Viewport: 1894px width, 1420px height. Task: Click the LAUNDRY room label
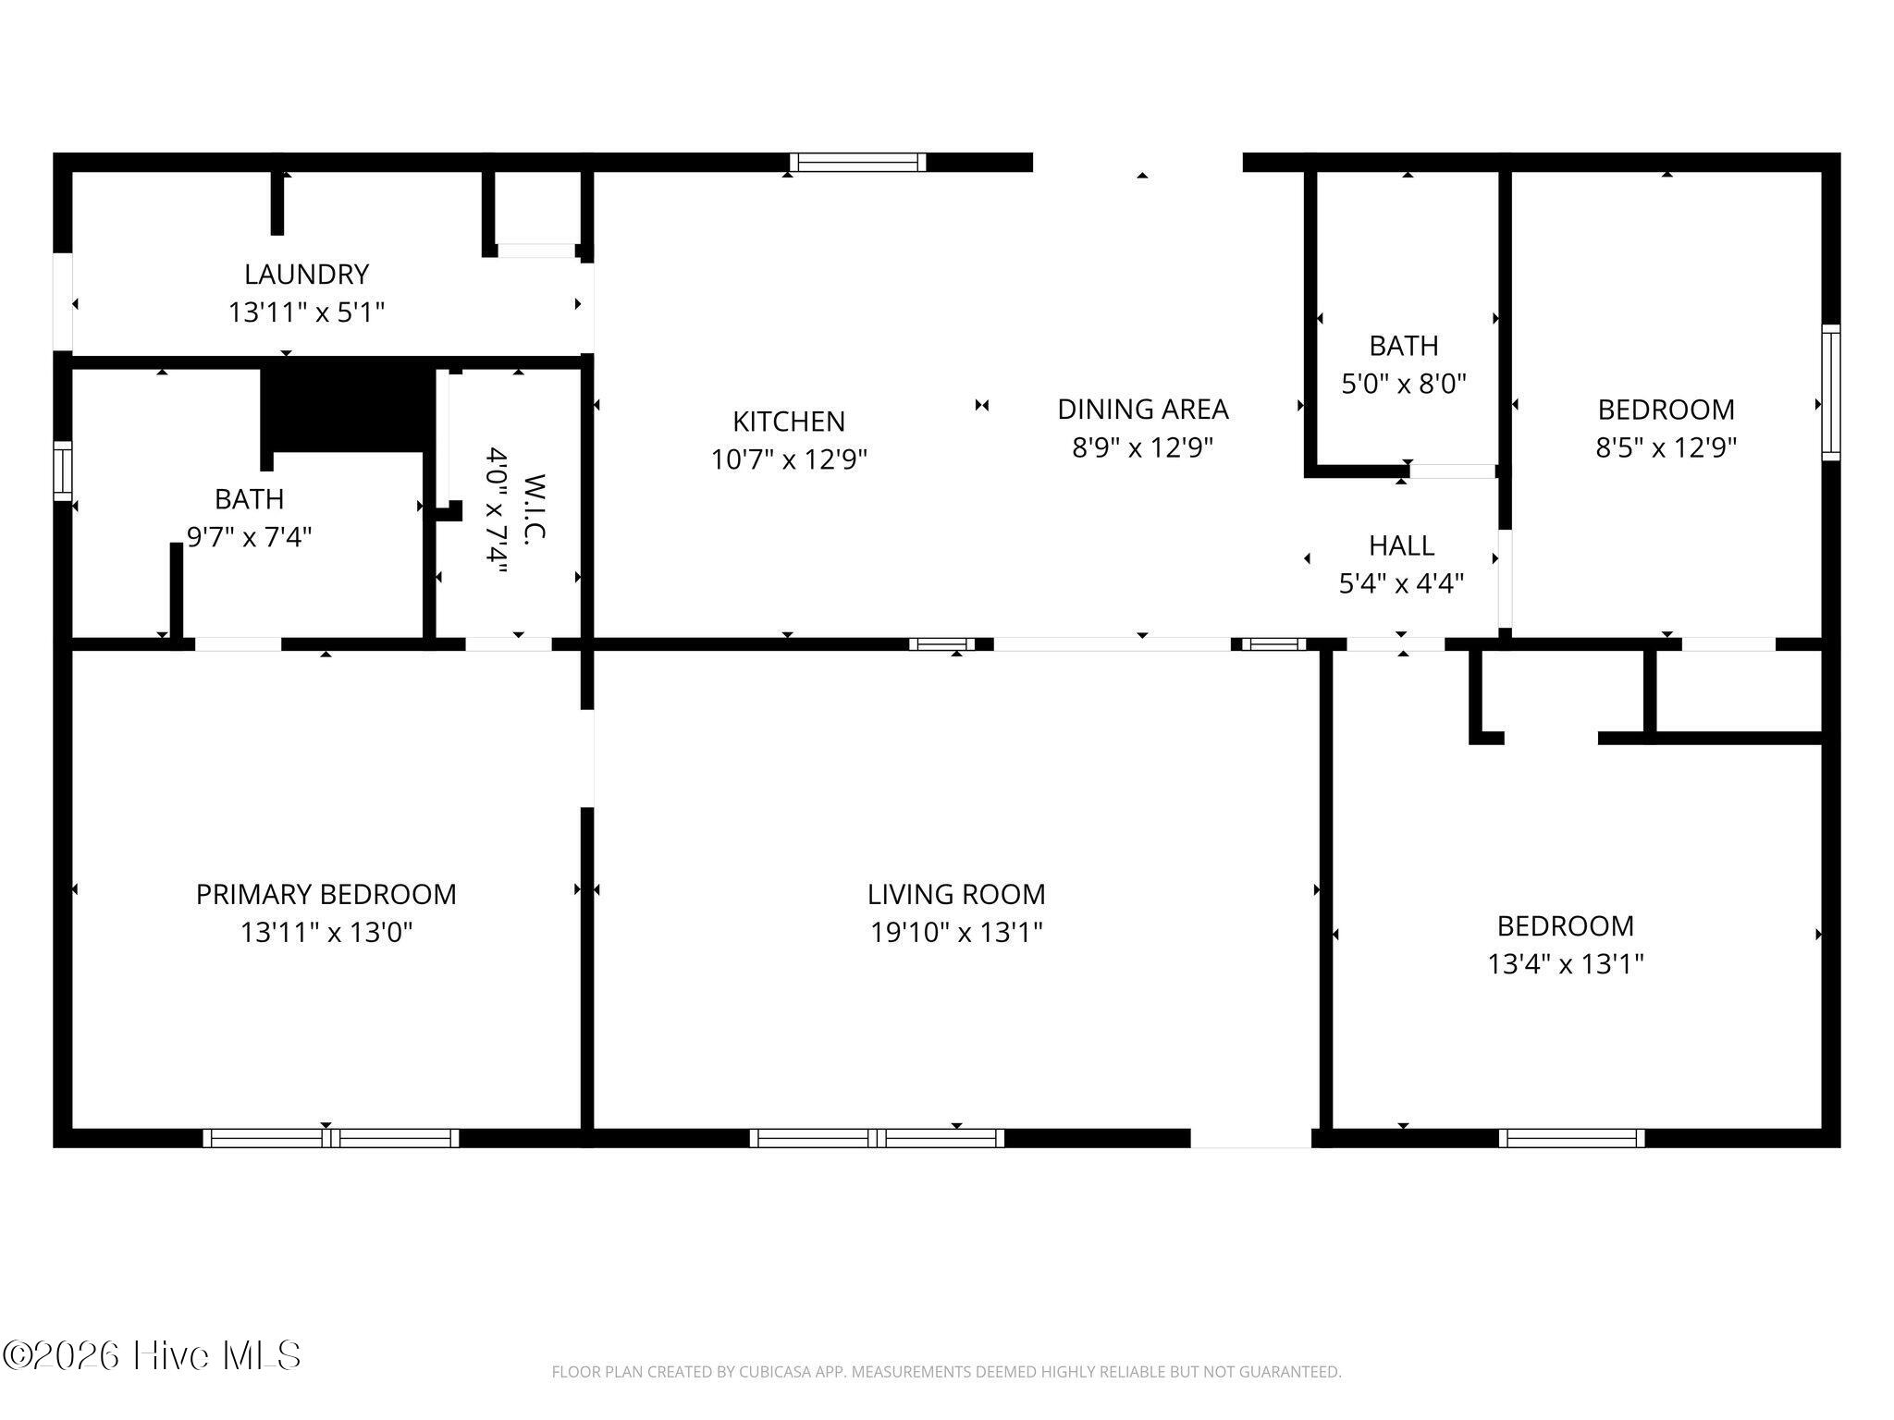[x=306, y=275]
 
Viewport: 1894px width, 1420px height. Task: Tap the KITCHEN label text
[x=789, y=422]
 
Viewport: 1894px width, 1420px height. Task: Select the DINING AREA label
[x=1143, y=409]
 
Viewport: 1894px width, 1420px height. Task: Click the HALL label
[x=1402, y=545]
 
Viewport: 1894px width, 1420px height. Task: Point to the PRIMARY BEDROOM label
[x=326, y=894]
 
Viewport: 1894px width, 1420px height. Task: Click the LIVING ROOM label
[x=956, y=894]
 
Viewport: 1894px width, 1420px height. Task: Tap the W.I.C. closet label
[x=535, y=508]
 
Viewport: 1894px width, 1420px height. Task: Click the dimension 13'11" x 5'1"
[x=306, y=312]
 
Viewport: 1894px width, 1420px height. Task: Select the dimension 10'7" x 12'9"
[x=789, y=459]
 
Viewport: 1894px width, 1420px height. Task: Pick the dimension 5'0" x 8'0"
[x=1404, y=384]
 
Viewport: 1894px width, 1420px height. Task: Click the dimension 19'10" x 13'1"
[x=956, y=932]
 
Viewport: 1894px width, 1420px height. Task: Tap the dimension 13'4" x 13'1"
[x=1566, y=964]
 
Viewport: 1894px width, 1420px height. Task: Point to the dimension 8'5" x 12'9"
[x=1666, y=447]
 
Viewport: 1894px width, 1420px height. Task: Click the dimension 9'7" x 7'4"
[x=250, y=537]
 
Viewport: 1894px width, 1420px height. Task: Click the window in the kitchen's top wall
[x=858, y=163]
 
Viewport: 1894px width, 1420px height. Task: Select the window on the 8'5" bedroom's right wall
[x=1831, y=392]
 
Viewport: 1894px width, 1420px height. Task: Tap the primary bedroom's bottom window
[x=331, y=1138]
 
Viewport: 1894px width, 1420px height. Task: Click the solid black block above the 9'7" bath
[x=348, y=407]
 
